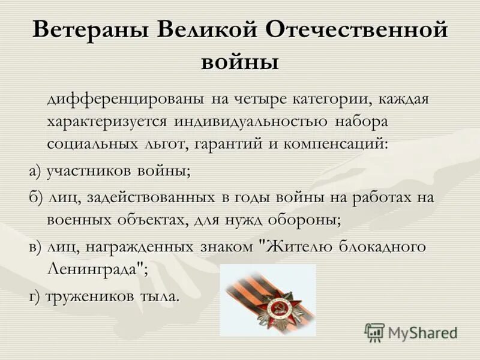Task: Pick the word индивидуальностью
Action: (251, 121)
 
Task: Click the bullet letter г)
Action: (36, 296)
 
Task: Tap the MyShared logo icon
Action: (374, 331)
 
